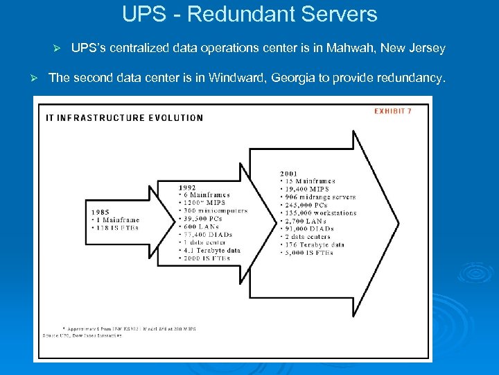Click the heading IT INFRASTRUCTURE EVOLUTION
click(125, 118)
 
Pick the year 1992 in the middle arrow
click(187, 187)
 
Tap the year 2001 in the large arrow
click(290, 174)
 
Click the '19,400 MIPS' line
click(306, 190)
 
